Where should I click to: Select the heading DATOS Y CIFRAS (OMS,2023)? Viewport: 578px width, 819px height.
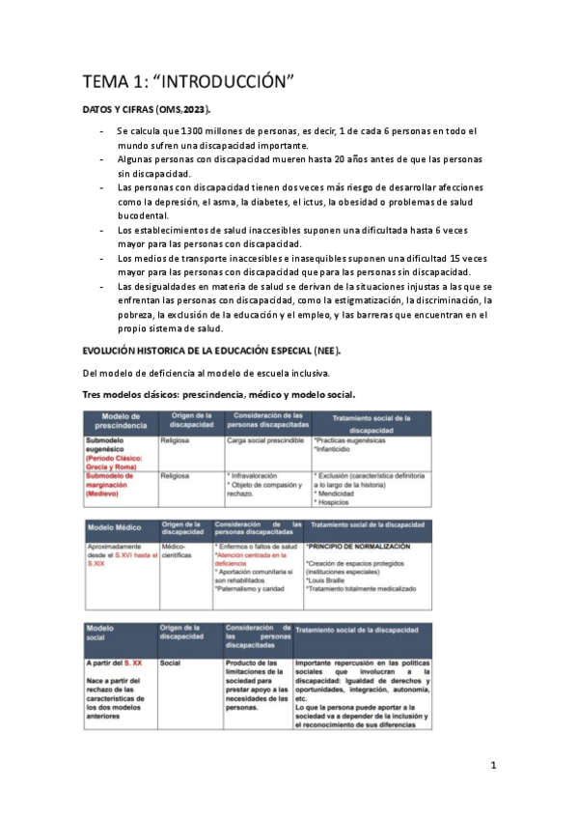coord(147,111)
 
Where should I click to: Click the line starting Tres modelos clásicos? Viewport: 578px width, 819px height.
coord(218,393)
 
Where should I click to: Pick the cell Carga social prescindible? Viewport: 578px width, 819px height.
coord(264,440)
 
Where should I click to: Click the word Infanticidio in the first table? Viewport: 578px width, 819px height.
coord(338,451)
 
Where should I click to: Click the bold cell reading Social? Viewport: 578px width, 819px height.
coord(172,663)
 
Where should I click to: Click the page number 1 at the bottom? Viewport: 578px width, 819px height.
coord(493,766)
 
